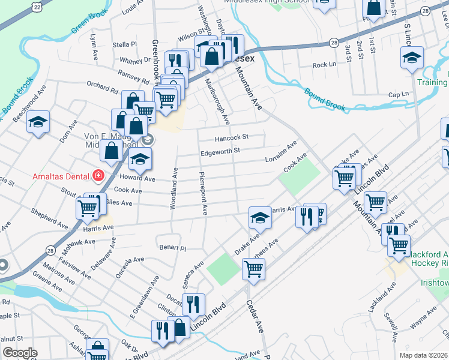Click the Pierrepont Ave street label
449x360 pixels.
pyautogui.click(x=204, y=193)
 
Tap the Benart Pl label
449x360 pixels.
pyautogui.click(x=173, y=247)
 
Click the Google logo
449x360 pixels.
pyautogui.click(x=20, y=353)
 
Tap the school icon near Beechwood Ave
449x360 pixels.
pyautogui.click(x=38, y=122)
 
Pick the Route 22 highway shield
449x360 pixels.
pyautogui.click(x=37, y=6)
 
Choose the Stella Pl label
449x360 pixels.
pyautogui.click(x=125, y=44)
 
